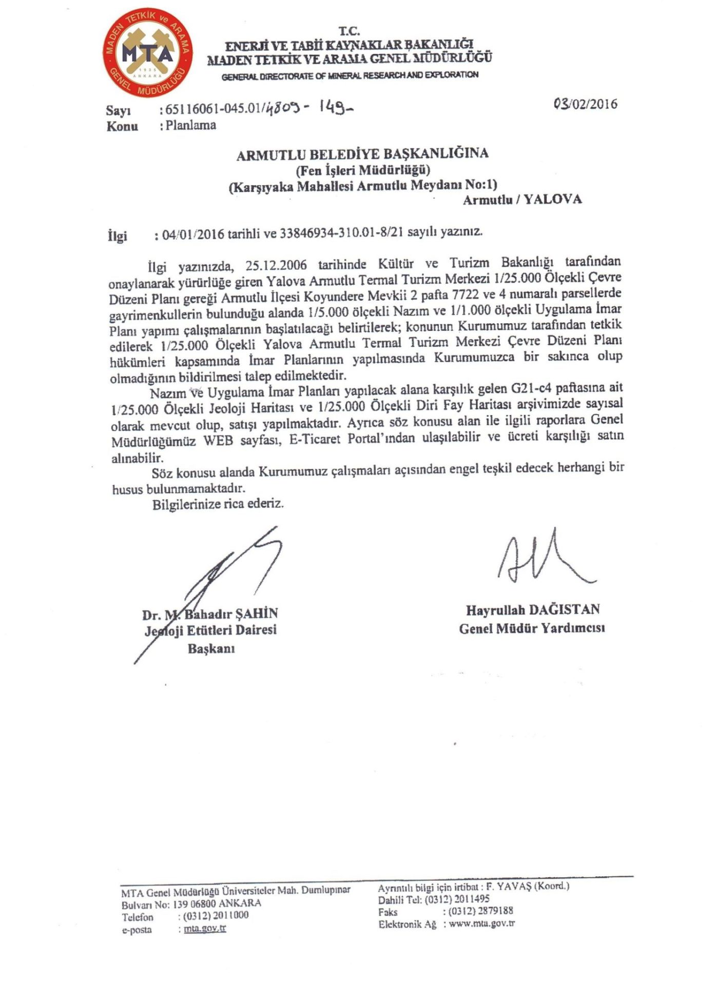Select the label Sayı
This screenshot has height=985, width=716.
point(119,110)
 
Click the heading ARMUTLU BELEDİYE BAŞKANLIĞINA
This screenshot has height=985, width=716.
point(362,153)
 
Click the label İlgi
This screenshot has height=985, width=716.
point(117,236)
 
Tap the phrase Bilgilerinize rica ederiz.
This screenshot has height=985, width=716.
point(218,504)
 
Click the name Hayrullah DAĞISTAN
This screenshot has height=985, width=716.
point(532,610)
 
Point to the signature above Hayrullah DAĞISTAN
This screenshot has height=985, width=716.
point(541,559)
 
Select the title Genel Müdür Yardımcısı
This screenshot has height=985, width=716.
point(532,628)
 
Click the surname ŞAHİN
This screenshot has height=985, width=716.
point(256,614)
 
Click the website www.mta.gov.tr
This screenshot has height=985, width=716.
point(481,923)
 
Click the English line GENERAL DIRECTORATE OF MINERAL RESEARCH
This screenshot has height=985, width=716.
point(350,75)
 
